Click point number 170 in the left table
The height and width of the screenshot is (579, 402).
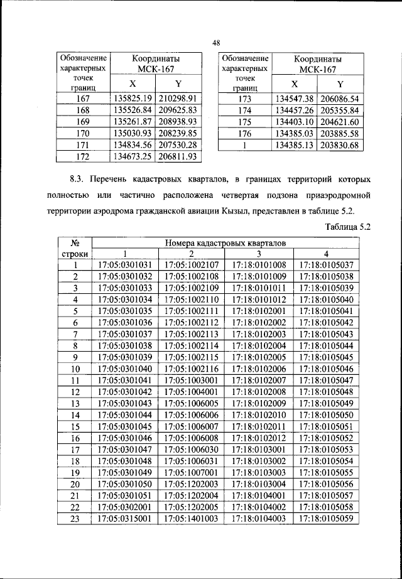83,133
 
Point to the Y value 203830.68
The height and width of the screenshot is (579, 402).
340,145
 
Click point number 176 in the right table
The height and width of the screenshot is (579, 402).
244,133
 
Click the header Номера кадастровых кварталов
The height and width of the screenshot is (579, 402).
225,242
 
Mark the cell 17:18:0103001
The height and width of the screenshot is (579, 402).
258,450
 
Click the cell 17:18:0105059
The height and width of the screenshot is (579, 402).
327,519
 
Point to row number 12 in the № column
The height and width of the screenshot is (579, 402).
75,392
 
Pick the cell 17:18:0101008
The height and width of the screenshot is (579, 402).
258,265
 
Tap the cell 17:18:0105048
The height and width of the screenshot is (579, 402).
327,392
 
